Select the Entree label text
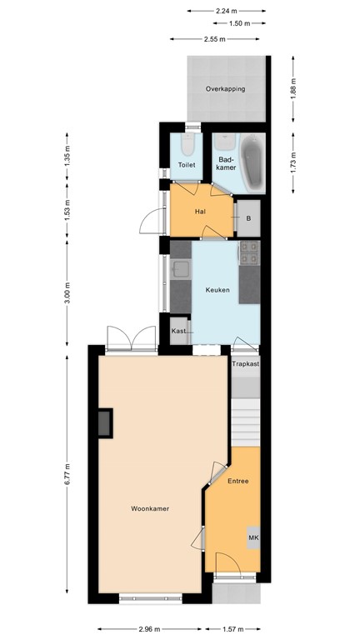tap(237, 482)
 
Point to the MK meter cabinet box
tap(253, 538)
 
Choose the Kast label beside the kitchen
tap(178, 331)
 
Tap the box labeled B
tap(247, 218)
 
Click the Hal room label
tap(200, 211)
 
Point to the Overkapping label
tap(226, 88)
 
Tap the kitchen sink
tap(181, 269)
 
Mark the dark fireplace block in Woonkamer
tap(105, 423)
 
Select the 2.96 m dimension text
tap(150, 630)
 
